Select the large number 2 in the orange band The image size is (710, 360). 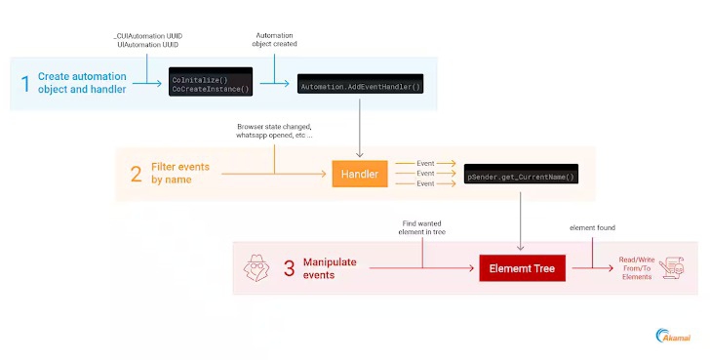(x=138, y=175)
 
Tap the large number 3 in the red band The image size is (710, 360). (x=290, y=268)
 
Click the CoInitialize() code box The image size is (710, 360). (x=211, y=83)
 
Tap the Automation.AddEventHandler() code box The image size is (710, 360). (x=360, y=86)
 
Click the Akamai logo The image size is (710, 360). (x=674, y=335)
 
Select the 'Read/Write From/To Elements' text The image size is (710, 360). (x=636, y=268)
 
